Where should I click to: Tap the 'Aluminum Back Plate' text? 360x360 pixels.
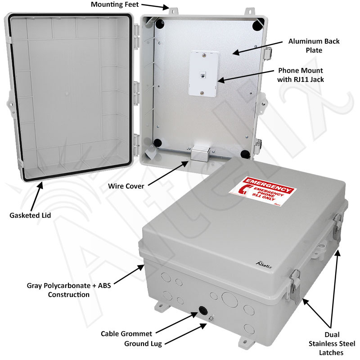click(314, 45)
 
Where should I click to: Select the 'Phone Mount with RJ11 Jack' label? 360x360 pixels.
click(301, 75)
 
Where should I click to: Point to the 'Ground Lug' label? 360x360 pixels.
click(143, 344)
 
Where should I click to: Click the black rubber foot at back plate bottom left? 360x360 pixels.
click(157, 144)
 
